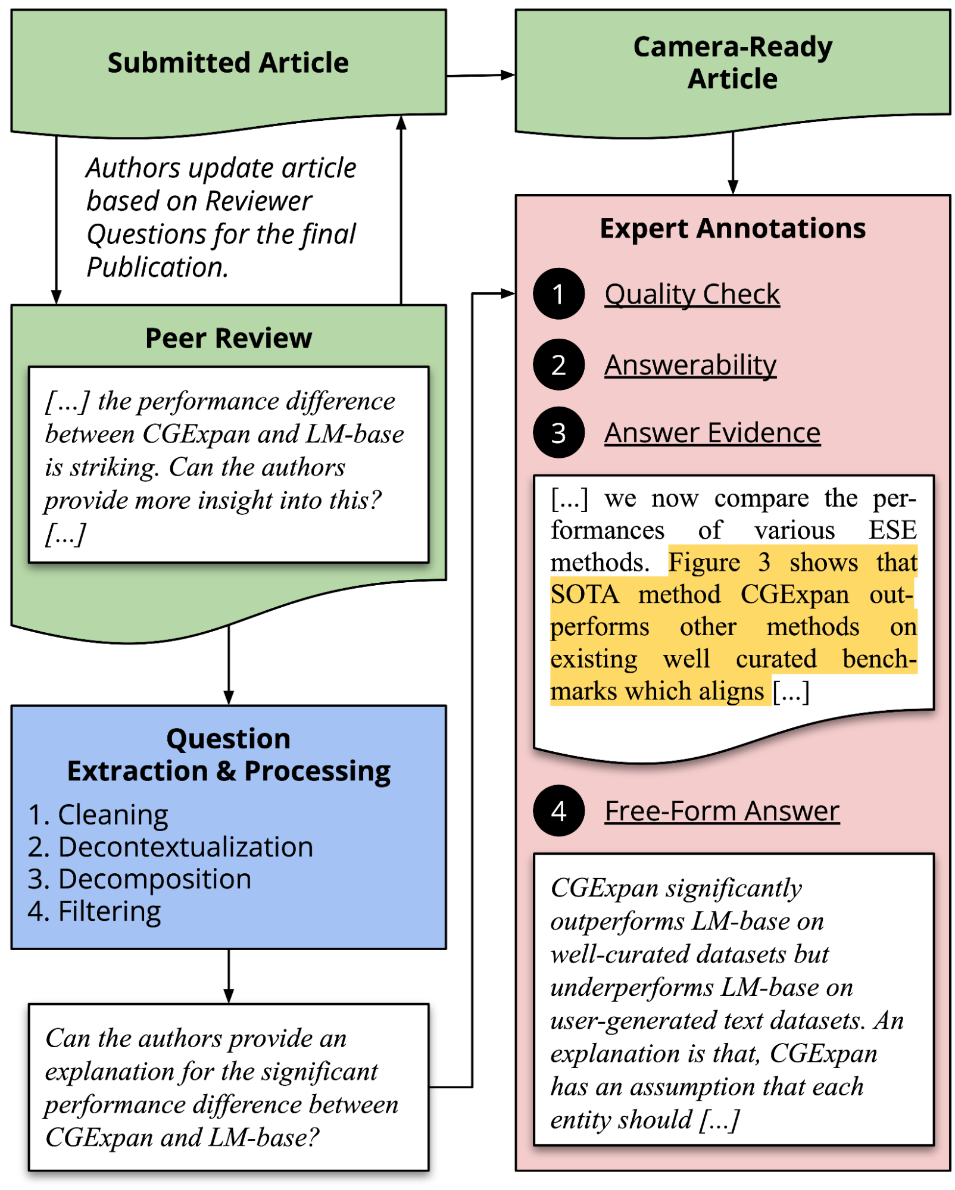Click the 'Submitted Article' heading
click(x=228, y=63)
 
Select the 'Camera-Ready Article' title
click(x=732, y=63)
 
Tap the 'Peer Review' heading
click(x=229, y=338)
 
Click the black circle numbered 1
click(x=558, y=293)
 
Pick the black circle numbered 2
click(x=558, y=364)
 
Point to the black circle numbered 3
click(x=558, y=432)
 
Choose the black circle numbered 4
click(x=558, y=810)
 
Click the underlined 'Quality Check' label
click(x=692, y=294)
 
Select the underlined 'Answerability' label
click(x=691, y=365)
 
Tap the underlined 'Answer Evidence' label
click(x=713, y=433)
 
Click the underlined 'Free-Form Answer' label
click(x=722, y=811)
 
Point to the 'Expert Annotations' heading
click(x=732, y=229)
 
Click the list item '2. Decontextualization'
click(x=170, y=847)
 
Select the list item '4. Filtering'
click(x=94, y=911)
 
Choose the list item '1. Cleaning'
click(x=98, y=815)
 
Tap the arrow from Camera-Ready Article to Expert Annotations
click(x=733, y=163)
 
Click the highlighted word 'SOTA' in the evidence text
click(x=585, y=595)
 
